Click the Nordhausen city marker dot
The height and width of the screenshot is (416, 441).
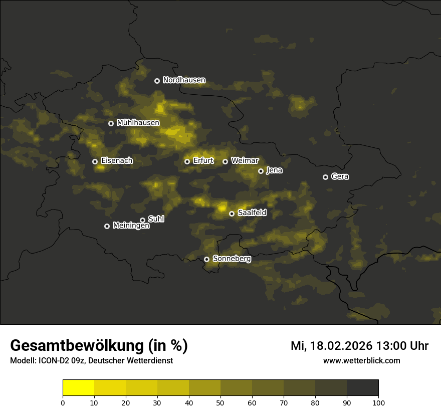(x=157, y=81)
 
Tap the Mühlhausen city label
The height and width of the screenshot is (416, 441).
(x=138, y=123)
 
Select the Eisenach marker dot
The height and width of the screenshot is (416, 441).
(x=95, y=161)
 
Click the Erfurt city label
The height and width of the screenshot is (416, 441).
(x=203, y=161)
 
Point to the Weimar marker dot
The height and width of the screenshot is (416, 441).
(x=225, y=161)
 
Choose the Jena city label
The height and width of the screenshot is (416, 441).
(x=274, y=170)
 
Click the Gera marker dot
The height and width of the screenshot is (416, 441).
(x=325, y=177)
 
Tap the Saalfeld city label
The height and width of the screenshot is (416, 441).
(x=252, y=213)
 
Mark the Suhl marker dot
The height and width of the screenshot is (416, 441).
(x=142, y=220)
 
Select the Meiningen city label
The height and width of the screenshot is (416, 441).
(x=131, y=226)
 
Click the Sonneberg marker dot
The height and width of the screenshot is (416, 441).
(x=206, y=259)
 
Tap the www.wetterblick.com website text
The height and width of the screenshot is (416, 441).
(x=361, y=360)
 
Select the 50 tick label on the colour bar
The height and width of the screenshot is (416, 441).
(x=220, y=402)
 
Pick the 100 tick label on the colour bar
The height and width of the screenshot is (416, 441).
(x=378, y=402)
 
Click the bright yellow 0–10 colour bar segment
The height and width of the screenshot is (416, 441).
(x=78, y=388)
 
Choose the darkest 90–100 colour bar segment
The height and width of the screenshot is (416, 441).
(x=362, y=388)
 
